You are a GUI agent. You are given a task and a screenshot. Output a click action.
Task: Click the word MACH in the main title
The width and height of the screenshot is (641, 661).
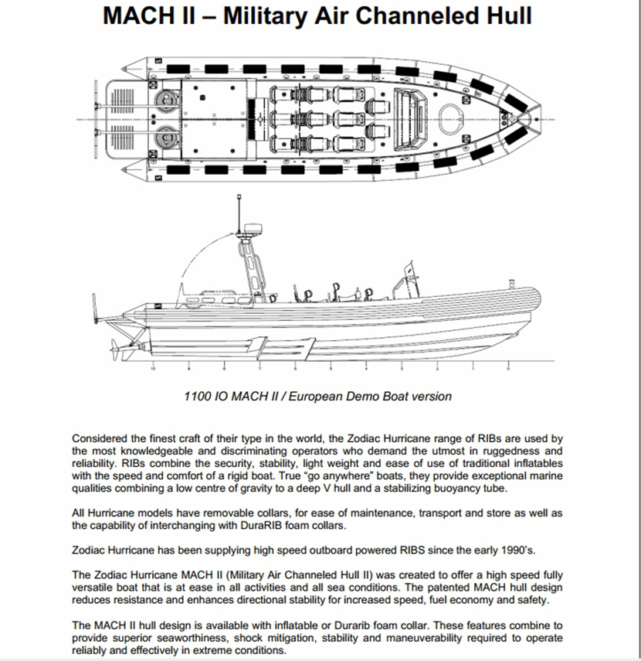pyautogui.click(x=138, y=16)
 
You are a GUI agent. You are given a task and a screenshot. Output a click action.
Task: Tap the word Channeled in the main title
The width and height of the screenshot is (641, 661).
pyautogui.click(x=409, y=16)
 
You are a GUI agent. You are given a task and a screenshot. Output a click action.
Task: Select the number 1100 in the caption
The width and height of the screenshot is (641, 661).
pyautogui.click(x=198, y=397)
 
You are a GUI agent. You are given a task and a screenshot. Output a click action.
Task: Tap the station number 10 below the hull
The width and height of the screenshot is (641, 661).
pyautogui.click(x=153, y=368)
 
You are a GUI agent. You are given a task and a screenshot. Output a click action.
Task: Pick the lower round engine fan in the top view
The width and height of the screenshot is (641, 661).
pyautogui.click(x=165, y=139)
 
